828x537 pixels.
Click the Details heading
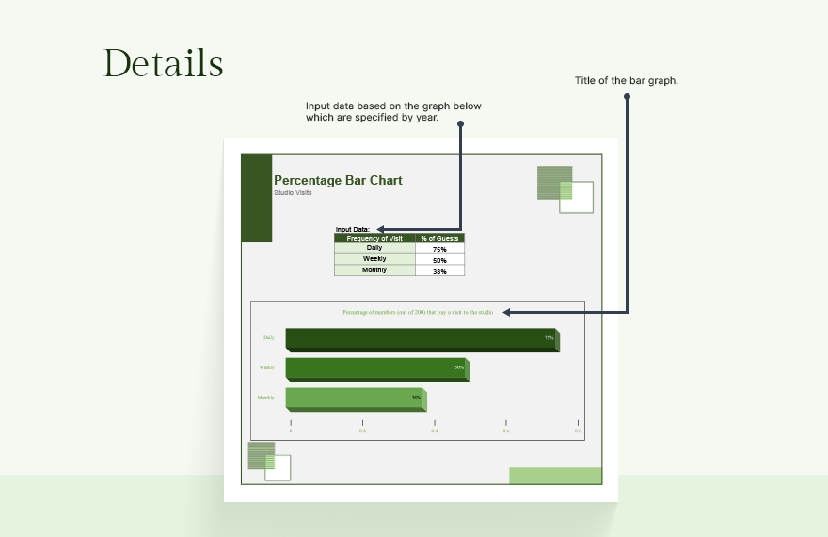pyautogui.click(x=164, y=63)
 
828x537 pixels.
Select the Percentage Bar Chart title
pyautogui.click(x=338, y=180)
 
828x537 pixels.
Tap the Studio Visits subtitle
pyautogui.click(x=293, y=192)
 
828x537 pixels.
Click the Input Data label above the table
pyautogui.click(x=353, y=229)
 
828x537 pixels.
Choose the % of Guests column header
pyautogui.click(x=439, y=238)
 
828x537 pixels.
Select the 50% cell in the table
pyautogui.click(x=439, y=260)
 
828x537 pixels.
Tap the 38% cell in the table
pyautogui.click(x=439, y=271)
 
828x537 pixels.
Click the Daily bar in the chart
pyautogui.click(x=421, y=339)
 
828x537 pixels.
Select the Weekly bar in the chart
pyautogui.click(x=375, y=369)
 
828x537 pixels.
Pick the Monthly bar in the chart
pyautogui.click(x=355, y=399)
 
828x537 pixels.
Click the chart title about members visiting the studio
pyautogui.click(x=418, y=312)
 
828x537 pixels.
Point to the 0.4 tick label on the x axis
pyautogui.click(x=435, y=431)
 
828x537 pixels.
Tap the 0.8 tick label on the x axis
pyautogui.click(x=579, y=431)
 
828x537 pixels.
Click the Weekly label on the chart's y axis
pyautogui.click(x=267, y=367)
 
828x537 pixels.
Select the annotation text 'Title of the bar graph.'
pyautogui.click(x=627, y=81)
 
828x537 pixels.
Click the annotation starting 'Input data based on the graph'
pyautogui.click(x=393, y=111)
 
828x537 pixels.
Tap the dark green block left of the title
pyautogui.click(x=257, y=197)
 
